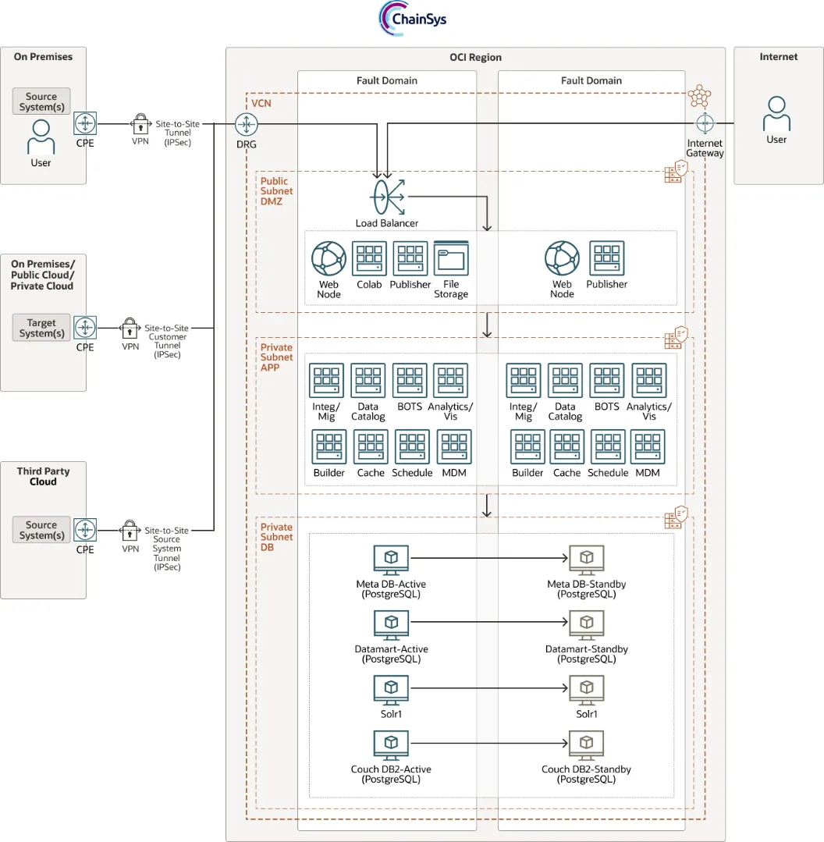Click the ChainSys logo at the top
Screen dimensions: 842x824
point(413,18)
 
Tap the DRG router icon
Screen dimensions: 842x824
point(247,123)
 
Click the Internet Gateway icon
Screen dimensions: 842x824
point(705,123)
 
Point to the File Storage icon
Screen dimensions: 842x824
point(450,258)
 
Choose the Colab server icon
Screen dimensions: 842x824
point(369,258)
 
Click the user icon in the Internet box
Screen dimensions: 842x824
point(776,114)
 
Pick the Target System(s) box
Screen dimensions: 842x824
point(41,328)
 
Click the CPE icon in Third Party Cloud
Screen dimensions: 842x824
point(85,530)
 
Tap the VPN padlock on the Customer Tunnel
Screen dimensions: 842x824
point(130,327)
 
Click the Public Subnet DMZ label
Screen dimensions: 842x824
point(277,191)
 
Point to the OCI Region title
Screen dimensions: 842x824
point(475,57)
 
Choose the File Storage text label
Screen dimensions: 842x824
point(451,290)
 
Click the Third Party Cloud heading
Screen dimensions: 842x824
point(43,476)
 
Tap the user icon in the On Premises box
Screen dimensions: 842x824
point(41,137)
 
